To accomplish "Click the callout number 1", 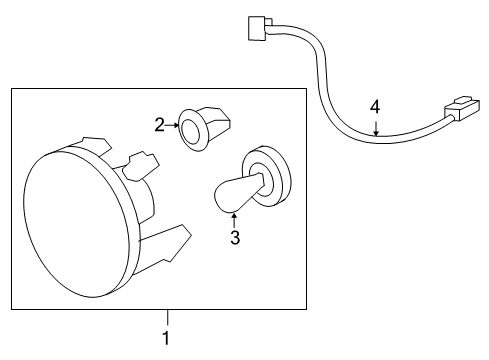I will click(166, 339).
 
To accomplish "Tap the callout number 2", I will click(159, 125).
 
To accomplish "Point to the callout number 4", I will click(375, 105).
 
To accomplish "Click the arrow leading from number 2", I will click(170, 126).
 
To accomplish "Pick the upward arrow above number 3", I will click(234, 218).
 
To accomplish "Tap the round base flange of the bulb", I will click(266, 176).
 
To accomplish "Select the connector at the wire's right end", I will click(462, 108).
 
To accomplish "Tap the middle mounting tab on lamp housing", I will click(140, 165).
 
